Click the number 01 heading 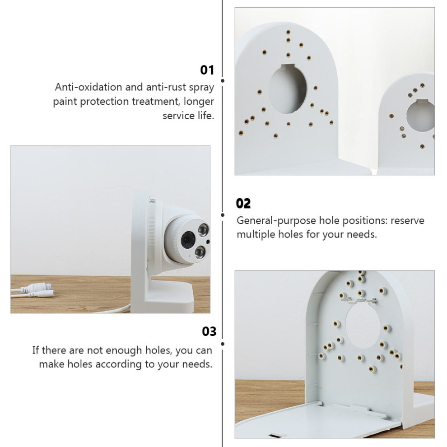(207, 70)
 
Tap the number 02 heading (243, 204)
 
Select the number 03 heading (209, 331)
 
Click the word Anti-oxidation (88, 87)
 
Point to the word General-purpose (276, 221)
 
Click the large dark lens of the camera (187, 238)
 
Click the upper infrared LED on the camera (203, 230)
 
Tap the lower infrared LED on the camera (200, 252)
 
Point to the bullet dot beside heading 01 (222, 81)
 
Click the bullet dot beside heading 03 (222, 344)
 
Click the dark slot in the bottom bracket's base (274, 435)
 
